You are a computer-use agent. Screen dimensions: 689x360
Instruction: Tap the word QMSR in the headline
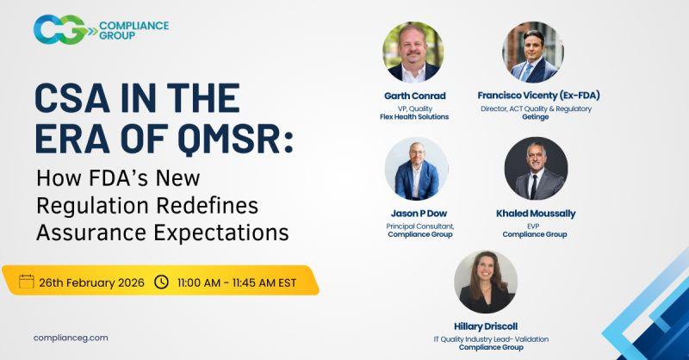pyautogui.click(x=235, y=139)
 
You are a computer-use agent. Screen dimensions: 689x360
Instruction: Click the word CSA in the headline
pyautogui.click(x=72, y=98)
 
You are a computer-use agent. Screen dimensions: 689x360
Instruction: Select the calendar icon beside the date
pyautogui.click(x=27, y=282)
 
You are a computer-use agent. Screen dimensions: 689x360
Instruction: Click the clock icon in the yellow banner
pyautogui.click(x=161, y=282)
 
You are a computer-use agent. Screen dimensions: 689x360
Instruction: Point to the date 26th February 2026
pyautogui.click(x=91, y=282)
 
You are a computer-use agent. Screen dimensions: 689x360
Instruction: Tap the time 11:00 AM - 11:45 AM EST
pyautogui.click(x=237, y=282)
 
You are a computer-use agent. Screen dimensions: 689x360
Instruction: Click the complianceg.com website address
pyautogui.click(x=71, y=338)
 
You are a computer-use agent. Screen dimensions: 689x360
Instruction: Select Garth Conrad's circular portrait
pyautogui.click(x=413, y=53)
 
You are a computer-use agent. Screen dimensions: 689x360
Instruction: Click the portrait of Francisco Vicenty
pyautogui.click(x=533, y=53)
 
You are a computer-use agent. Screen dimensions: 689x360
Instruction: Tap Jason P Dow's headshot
pyautogui.click(x=416, y=169)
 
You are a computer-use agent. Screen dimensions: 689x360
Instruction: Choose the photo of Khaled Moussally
pyautogui.click(x=536, y=169)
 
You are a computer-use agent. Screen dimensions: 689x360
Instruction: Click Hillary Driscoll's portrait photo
pyautogui.click(x=486, y=282)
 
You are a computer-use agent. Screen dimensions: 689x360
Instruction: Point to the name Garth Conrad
pyautogui.click(x=415, y=96)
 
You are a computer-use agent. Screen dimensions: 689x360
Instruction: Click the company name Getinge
pyautogui.click(x=535, y=117)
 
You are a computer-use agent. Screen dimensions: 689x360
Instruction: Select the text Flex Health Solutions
pyautogui.click(x=414, y=116)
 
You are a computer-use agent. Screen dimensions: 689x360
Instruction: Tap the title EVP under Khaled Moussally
pyautogui.click(x=533, y=226)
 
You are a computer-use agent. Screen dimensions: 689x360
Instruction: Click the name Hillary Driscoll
pyautogui.click(x=486, y=326)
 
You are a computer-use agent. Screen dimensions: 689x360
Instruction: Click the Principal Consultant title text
pyautogui.click(x=420, y=227)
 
